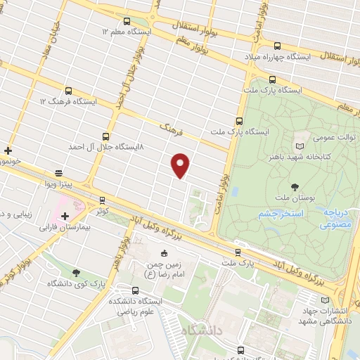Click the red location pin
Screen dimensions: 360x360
[181, 165]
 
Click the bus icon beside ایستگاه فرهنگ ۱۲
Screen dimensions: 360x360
[68, 90]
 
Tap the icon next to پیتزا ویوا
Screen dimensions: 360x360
[58, 172]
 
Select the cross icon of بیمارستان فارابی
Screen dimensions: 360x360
[65, 216]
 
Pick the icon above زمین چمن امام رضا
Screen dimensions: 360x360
[164, 253]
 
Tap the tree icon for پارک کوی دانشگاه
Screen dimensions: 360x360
[76, 273]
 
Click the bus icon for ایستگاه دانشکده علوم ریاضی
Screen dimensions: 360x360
[135, 289]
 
